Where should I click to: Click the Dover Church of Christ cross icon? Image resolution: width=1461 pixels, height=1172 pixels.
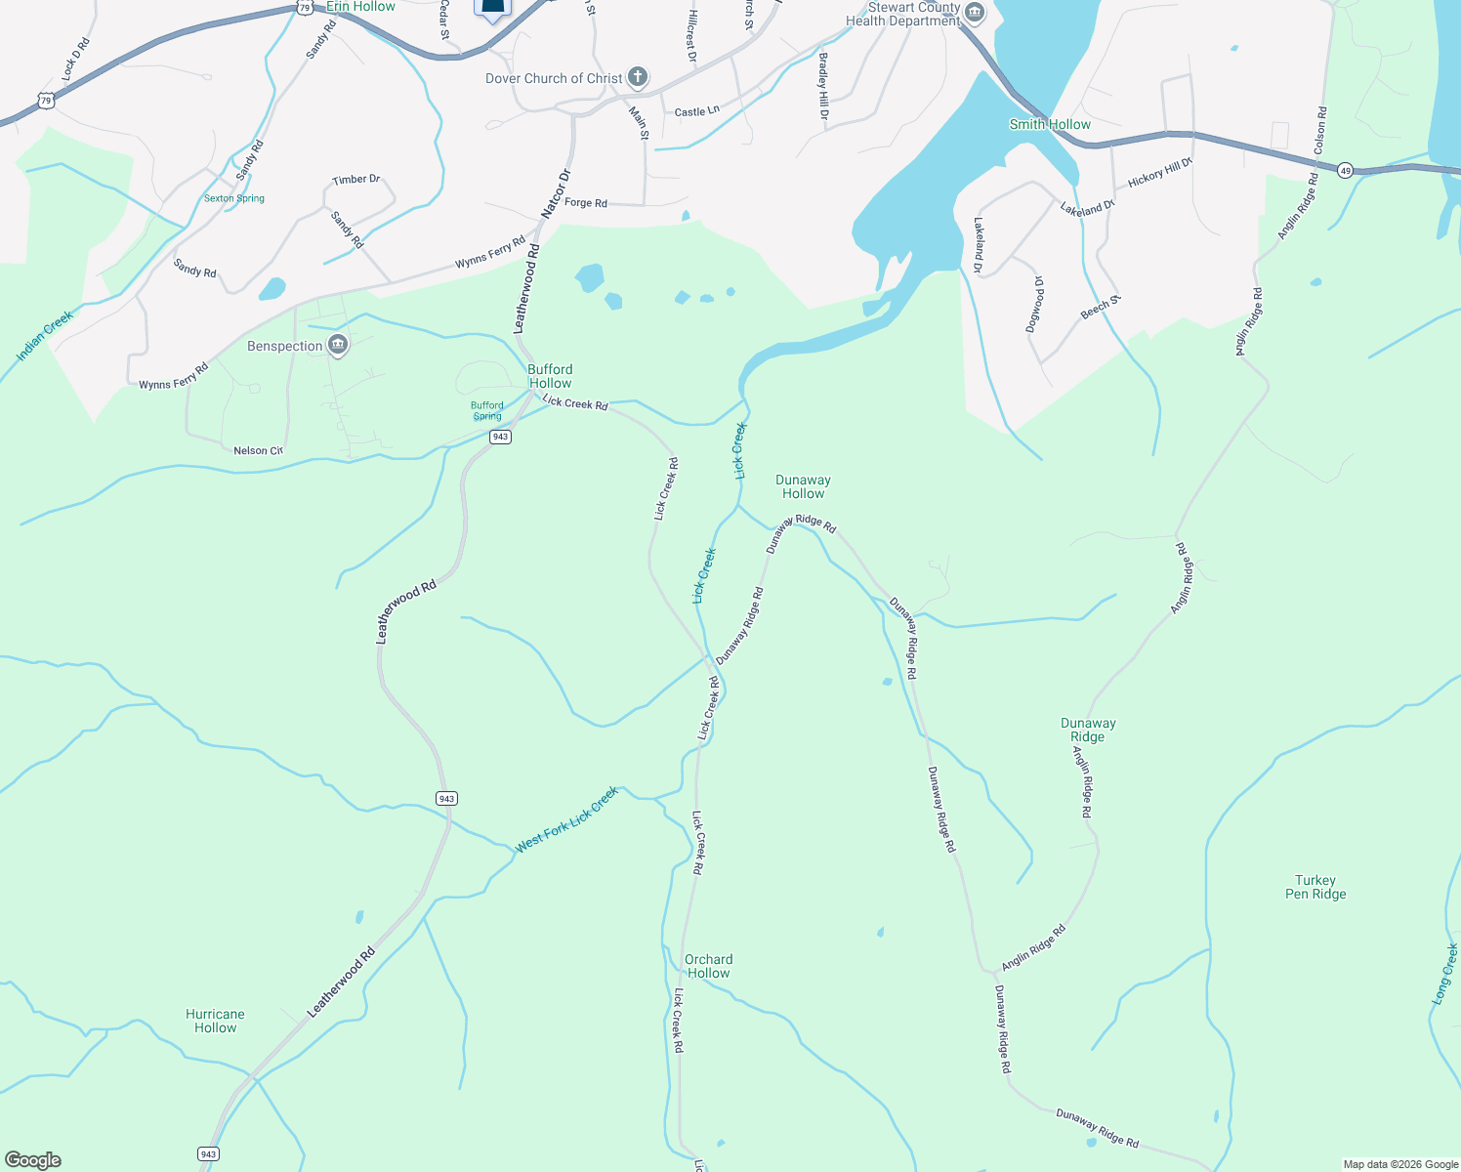[x=637, y=77]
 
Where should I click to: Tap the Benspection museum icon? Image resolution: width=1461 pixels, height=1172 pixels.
[x=338, y=345]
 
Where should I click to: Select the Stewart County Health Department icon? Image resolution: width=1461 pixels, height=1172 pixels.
[x=974, y=14]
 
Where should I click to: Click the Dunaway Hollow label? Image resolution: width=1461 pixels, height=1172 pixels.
[x=803, y=486]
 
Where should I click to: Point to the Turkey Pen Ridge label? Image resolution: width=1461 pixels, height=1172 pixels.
[x=1315, y=887]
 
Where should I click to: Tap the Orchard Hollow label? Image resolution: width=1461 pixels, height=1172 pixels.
[x=708, y=966]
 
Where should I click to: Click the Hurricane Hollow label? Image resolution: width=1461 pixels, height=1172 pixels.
[x=215, y=1021]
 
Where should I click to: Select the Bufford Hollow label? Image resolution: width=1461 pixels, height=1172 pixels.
[x=550, y=376]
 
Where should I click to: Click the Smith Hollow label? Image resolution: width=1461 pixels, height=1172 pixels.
[x=1050, y=124]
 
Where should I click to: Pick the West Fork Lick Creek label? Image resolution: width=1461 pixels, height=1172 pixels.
[x=566, y=819]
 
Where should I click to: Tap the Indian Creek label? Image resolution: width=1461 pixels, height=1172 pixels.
[x=45, y=335]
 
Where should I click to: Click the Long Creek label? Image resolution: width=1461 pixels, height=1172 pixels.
[x=1445, y=974]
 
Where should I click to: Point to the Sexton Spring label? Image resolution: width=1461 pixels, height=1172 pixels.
[x=234, y=198]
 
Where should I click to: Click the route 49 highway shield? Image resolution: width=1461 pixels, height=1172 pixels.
[x=1345, y=170]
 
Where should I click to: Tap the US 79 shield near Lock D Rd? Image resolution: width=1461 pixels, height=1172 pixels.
[x=46, y=101]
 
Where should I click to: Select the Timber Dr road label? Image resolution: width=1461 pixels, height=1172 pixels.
[x=355, y=180]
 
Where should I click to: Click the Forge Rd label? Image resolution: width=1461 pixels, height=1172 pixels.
[x=586, y=203]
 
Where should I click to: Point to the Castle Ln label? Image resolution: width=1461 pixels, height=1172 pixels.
[x=697, y=111]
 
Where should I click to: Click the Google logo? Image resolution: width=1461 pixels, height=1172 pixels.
[x=33, y=1160]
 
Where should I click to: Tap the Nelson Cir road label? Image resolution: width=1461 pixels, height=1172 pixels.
[x=258, y=450]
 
